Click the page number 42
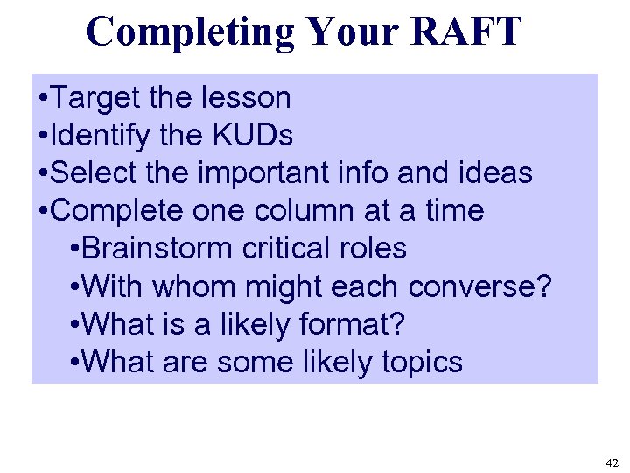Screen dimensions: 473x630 click(610, 462)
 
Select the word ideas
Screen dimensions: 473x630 click(494, 173)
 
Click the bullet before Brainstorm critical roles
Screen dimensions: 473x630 click(73, 250)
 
